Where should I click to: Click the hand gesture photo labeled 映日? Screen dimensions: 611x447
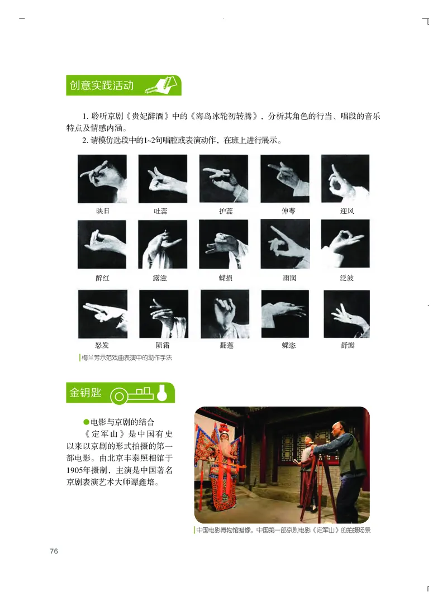(102, 179)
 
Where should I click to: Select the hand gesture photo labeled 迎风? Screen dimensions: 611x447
(345, 179)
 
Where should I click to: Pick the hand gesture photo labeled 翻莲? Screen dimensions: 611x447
(225, 313)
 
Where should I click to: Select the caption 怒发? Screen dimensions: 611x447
(102, 345)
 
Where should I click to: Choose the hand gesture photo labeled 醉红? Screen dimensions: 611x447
(102, 244)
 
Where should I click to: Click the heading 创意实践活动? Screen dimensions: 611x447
(102, 86)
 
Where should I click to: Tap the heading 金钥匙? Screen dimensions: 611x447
(85, 393)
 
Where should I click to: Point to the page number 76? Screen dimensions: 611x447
(54, 551)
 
